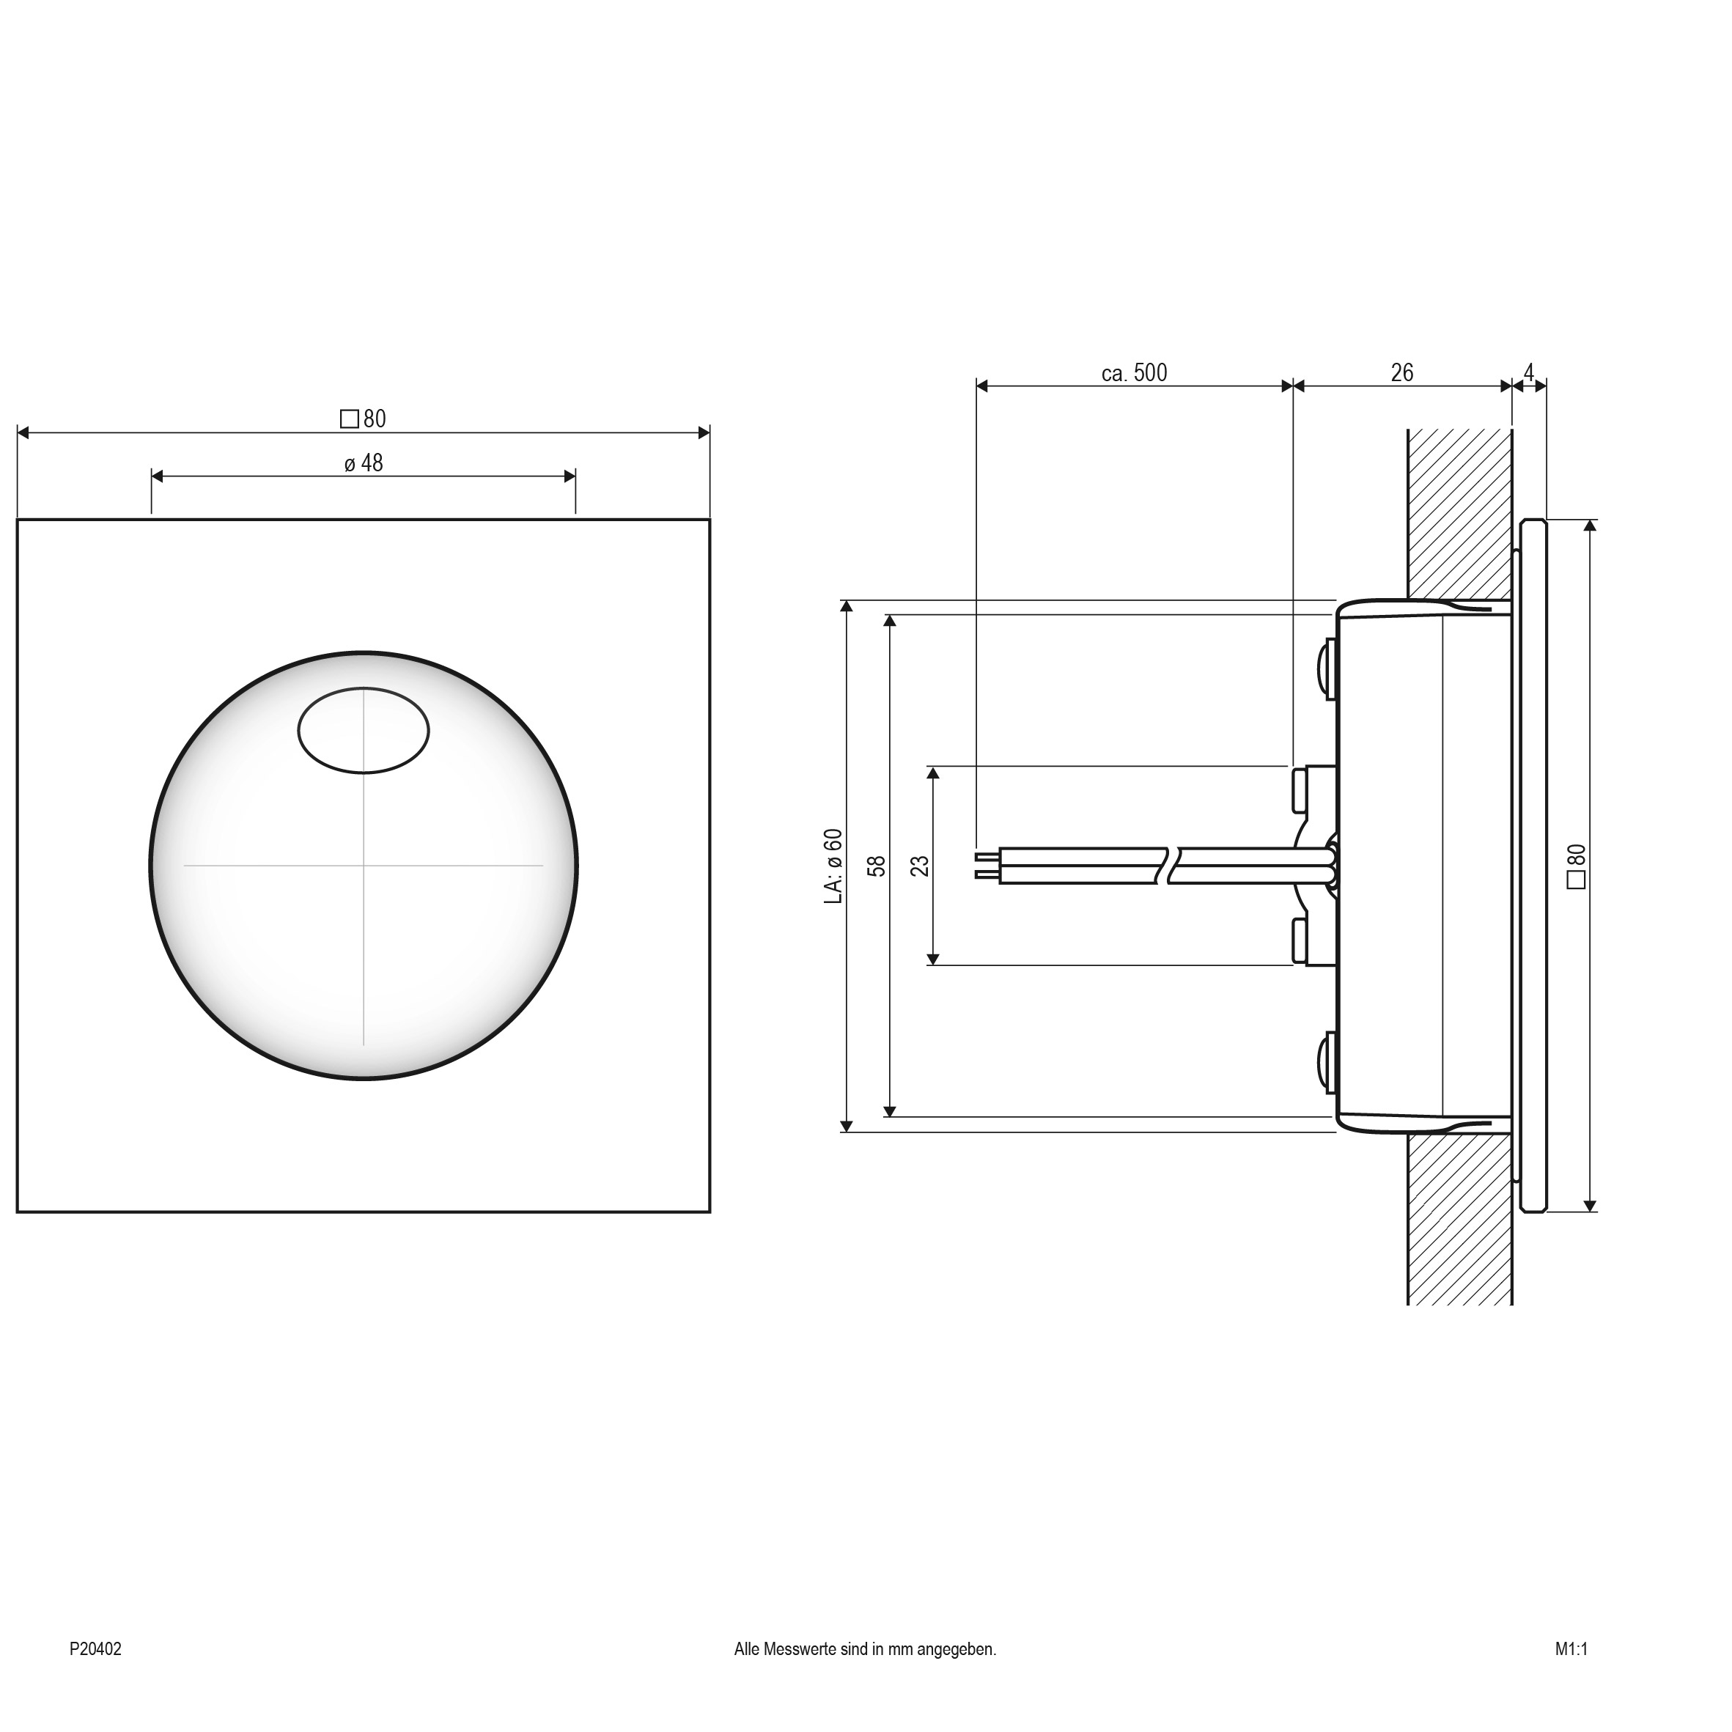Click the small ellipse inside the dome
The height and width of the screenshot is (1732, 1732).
pos(363,731)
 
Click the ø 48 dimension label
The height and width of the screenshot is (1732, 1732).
pos(363,463)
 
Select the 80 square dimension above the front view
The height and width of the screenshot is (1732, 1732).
pos(363,419)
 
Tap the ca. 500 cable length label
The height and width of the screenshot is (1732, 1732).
pos(1134,373)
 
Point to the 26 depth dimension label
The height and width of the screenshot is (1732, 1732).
pos(1401,373)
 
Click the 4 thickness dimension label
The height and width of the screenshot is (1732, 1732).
pos(1528,371)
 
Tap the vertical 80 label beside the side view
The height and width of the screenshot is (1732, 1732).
pos(1576,866)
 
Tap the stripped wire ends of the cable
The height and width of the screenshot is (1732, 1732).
pos(986,865)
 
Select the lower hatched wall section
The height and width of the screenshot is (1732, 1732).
pos(1459,1219)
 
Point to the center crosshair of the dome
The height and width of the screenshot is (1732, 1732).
pos(363,865)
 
